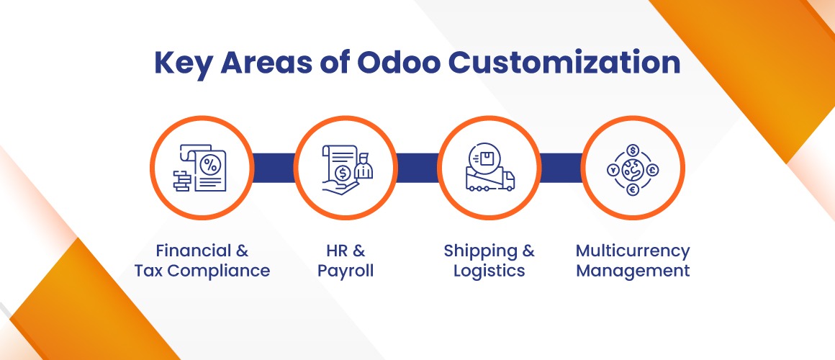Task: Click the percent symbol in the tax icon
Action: tap(209, 165)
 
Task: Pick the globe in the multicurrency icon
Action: tap(633, 170)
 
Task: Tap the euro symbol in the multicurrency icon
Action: tap(633, 189)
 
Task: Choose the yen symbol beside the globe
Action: tap(613, 171)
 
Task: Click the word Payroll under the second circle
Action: tap(345, 271)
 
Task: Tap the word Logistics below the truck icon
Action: tap(489, 271)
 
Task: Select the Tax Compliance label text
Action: tap(202, 271)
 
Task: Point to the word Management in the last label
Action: tap(633, 271)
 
